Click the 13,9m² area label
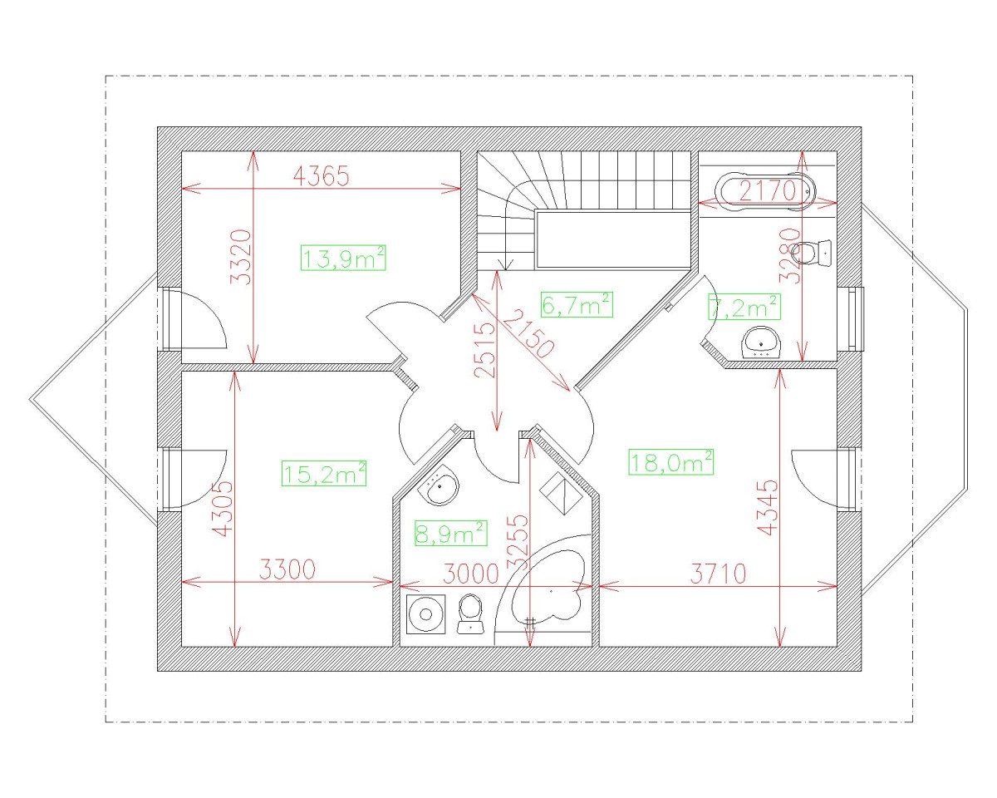344,259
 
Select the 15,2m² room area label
324,473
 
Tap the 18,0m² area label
671,461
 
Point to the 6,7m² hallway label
577,305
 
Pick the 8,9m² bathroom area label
450,532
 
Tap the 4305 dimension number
223,508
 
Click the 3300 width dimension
287,571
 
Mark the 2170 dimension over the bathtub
768,191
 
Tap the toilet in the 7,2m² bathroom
813,251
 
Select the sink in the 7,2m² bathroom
761,342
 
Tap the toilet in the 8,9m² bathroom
471,613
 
